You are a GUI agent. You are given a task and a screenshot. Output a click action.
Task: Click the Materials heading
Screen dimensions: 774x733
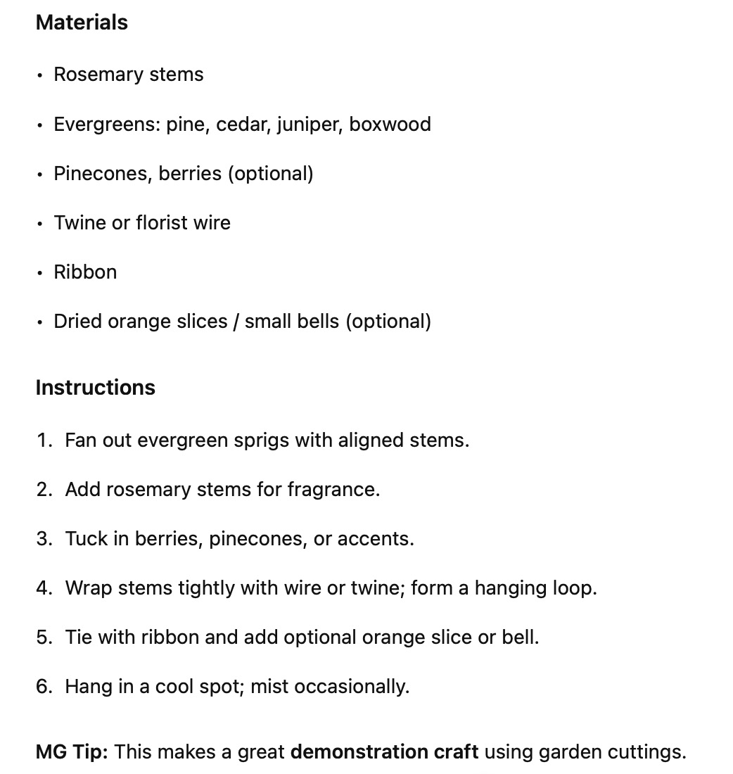[82, 23]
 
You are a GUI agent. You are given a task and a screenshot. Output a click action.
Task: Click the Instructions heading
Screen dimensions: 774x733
[95, 388]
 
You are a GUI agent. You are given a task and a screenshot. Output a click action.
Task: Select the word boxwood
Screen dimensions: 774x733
[390, 125]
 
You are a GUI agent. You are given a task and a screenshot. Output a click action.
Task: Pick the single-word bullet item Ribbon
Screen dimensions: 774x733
[85, 272]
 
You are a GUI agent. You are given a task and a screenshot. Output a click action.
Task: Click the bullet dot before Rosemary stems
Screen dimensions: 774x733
[40, 75]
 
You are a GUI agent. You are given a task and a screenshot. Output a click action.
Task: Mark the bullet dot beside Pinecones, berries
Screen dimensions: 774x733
[40, 174]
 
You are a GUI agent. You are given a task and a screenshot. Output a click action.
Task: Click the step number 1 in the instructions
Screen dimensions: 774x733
[43, 440]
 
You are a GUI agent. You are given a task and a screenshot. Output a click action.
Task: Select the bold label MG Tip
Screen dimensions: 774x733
[71, 751]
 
